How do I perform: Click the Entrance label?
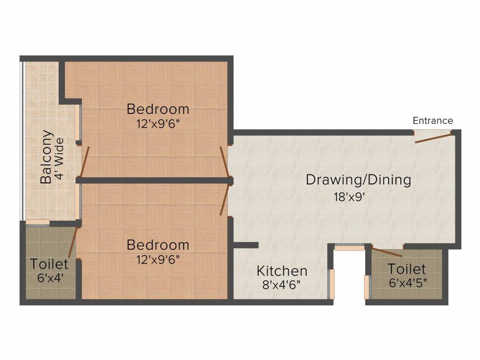(433, 120)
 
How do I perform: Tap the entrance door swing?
(433, 137)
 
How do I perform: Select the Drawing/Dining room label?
(359, 180)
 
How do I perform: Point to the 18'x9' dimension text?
(349, 197)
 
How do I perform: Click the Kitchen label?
(282, 271)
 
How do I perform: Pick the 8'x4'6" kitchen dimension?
(281, 285)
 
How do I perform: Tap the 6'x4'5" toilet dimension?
(408, 283)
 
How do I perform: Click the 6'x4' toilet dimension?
(50, 278)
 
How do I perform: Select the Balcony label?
(46, 157)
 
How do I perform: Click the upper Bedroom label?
(158, 109)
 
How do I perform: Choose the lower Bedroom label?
(158, 245)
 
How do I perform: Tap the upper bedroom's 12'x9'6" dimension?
(158, 124)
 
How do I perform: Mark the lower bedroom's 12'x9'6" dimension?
(158, 260)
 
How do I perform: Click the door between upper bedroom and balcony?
(84, 162)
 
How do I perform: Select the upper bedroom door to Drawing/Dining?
(225, 162)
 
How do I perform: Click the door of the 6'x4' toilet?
(73, 242)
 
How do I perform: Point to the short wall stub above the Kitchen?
(246, 245)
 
